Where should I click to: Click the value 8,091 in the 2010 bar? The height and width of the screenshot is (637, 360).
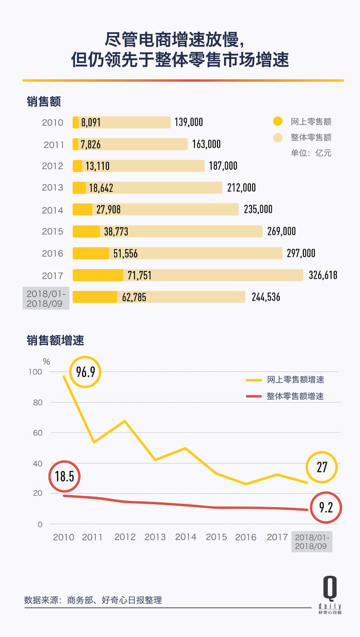91,123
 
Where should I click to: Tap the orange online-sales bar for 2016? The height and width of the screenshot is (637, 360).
91,253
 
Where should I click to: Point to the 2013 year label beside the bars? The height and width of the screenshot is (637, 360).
52,188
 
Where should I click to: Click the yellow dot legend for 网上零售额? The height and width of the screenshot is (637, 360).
277,122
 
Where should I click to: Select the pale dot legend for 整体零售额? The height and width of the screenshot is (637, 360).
277,138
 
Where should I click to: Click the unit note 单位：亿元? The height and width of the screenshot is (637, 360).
311,153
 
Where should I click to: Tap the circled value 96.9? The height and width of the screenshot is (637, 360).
85,372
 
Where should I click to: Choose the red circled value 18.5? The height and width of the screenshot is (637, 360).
64,477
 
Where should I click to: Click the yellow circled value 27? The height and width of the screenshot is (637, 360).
322,467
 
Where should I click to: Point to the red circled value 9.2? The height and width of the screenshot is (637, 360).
325,507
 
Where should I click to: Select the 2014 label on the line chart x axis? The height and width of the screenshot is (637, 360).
186,537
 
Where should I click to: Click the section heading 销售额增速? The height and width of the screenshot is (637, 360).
55,341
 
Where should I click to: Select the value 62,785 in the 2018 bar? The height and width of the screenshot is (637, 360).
134,297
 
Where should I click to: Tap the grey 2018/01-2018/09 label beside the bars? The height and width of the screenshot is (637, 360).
46,297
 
